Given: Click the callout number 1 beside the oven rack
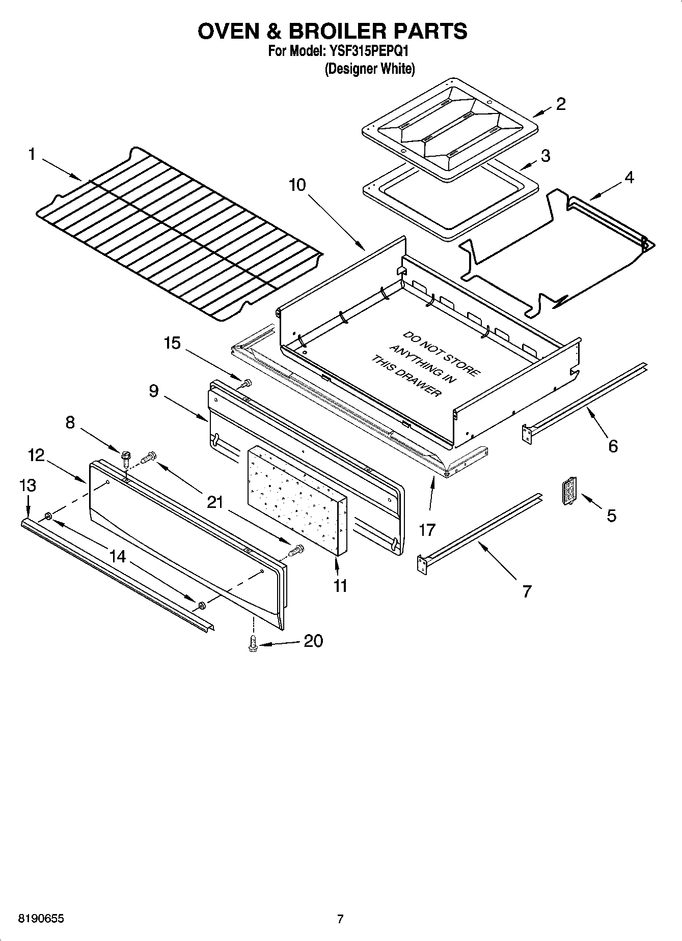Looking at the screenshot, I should click(x=32, y=154).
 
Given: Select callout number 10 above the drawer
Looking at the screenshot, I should click(x=297, y=185).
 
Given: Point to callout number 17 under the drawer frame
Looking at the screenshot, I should click(x=427, y=530).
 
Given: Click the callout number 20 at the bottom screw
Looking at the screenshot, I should click(x=313, y=641).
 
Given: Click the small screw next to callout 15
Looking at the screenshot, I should click(x=248, y=383).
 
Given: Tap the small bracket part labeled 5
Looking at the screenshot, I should click(x=567, y=491).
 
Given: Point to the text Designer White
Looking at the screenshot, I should click(x=370, y=69).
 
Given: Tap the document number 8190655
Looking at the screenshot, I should click(x=41, y=919).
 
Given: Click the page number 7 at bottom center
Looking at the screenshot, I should click(x=340, y=919).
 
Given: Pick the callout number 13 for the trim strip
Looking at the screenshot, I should click(x=28, y=486).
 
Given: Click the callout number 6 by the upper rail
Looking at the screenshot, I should click(x=613, y=446).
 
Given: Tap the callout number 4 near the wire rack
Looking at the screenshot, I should click(x=629, y=178).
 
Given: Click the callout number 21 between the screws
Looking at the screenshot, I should click(x=215, y=502).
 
